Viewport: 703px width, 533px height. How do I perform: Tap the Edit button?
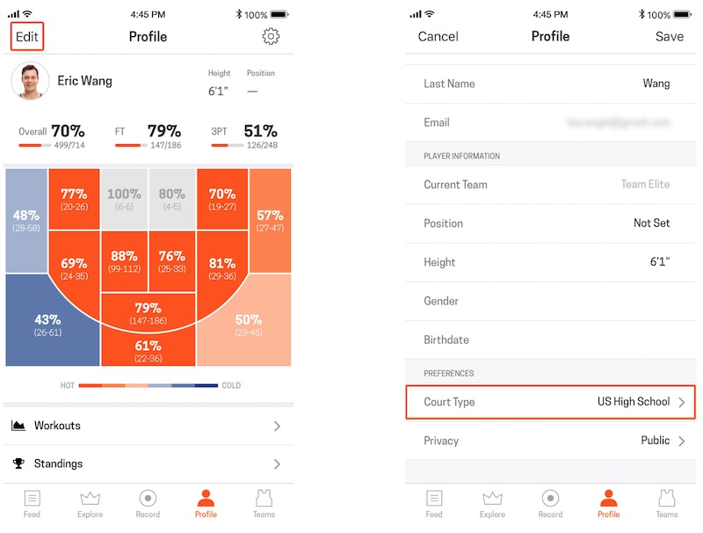(x=26, y=37)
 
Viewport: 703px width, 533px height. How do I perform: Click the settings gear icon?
(x=271, y=36)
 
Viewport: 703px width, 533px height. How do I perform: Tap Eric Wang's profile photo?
(x=30, y=81)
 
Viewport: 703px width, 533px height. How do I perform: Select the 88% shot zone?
(x=124, y=262)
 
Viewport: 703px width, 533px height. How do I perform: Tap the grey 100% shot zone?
(x=124, y=199)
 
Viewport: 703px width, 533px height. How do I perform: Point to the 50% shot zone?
(x=249, y=325)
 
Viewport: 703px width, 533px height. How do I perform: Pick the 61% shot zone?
(x=148, y=350)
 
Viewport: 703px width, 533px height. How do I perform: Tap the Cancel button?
(x=438, y=37)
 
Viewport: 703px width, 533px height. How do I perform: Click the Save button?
(x=670, y=37)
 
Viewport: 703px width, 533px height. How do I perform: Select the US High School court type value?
(x=634, y=402)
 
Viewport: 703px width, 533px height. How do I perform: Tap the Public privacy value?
(x=656, y=441)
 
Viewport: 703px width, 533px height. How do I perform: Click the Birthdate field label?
(x=446, y=340)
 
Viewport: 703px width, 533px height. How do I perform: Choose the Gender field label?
(x=441, y=301)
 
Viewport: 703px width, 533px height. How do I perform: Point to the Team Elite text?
(x=645, y=185)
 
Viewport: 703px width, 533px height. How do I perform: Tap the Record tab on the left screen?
(x=148, y=503)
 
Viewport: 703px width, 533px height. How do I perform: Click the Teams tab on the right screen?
(x=667, y=503)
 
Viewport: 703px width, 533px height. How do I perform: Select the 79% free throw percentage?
(x=164, y=131)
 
